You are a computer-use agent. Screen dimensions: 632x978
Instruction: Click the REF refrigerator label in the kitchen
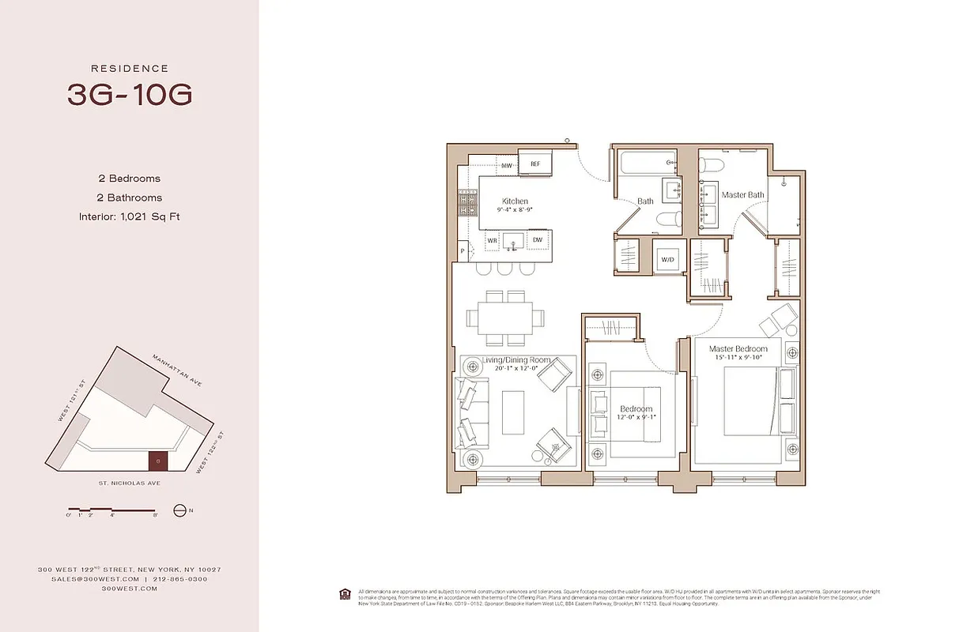[535, 164]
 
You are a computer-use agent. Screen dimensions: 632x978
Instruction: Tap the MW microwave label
[506, 165]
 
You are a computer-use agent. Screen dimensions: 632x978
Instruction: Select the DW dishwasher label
[537, 239]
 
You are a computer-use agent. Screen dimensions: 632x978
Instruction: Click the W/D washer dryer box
[668, 259]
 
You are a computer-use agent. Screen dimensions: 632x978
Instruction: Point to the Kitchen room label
[515, 201]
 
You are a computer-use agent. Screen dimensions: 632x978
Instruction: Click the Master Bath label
[742, 194]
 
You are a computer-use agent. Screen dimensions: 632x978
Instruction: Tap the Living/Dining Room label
[510, 361]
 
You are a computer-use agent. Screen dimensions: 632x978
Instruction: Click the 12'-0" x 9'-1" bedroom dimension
[636, 418]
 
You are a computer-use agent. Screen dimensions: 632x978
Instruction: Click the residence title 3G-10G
[130, 95]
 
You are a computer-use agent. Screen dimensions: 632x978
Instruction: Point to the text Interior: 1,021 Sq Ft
[130, 216]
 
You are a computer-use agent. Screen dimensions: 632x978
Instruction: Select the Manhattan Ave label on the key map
[179, 370]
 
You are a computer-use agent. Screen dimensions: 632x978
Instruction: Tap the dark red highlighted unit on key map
[158, 460]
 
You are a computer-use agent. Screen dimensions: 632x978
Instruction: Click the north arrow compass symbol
[179, 510]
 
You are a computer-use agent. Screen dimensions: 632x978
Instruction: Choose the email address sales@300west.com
[77, 579]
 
